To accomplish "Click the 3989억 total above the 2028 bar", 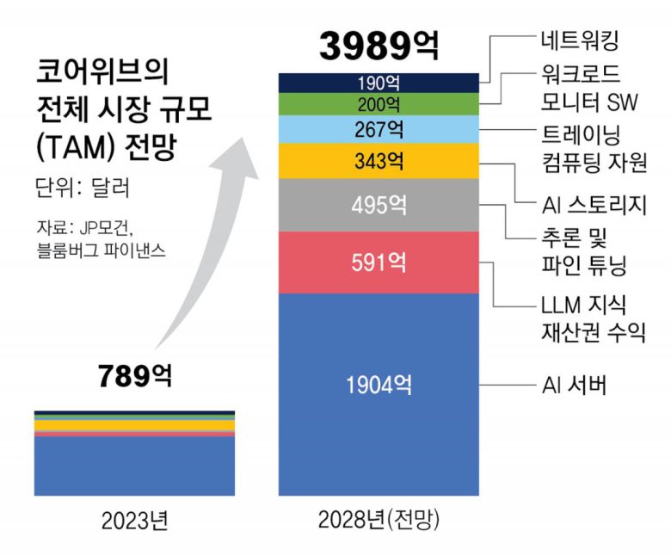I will (378, 46).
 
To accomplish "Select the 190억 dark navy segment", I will (378, 83).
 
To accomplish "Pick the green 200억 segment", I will (378, 105).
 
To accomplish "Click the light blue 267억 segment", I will (378, 131).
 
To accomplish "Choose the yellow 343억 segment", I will (378, 161).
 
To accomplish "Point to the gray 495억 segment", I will (378, 206).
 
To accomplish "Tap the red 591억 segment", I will (378, 262).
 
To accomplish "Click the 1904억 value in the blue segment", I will (378, 386).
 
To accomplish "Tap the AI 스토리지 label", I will (594, 205).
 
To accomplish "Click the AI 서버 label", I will (576, 385).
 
